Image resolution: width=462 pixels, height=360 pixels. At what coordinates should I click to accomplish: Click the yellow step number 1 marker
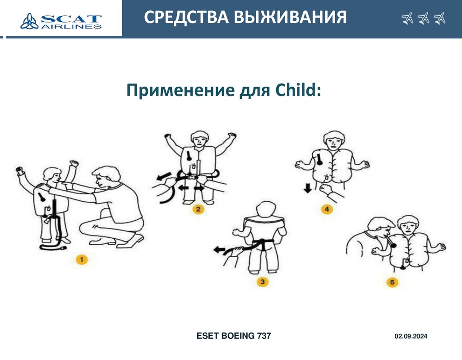pos(82,259)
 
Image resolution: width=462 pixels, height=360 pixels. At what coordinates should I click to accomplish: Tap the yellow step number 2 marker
pos(199,209)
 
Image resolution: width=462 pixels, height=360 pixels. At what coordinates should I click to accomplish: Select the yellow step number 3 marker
pos(262,282)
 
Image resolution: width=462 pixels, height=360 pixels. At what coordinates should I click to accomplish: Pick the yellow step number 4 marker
pos(327,209)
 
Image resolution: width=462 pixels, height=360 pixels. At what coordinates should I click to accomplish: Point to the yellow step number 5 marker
pos(392,282)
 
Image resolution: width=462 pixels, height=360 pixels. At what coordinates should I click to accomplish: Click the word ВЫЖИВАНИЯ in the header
pos(290,17)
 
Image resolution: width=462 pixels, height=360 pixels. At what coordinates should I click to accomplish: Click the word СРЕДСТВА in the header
pos(186,18)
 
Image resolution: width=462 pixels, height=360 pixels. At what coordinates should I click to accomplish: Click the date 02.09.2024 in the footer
pos(411,336)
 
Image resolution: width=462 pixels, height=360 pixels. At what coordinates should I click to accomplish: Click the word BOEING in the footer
pos(238,336)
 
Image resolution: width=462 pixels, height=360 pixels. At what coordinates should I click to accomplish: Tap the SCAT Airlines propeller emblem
pos(29,21)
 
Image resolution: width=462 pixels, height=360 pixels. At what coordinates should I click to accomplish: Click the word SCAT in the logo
pos(71,19)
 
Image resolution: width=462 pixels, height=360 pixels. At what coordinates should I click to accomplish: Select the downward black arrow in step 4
pos(308,188)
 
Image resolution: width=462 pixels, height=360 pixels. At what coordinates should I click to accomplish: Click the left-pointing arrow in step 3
pos(220,250)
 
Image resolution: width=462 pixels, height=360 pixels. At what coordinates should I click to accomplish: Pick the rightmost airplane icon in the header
pos(439,18)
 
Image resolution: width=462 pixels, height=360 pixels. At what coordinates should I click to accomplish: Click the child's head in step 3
pos(266,210)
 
